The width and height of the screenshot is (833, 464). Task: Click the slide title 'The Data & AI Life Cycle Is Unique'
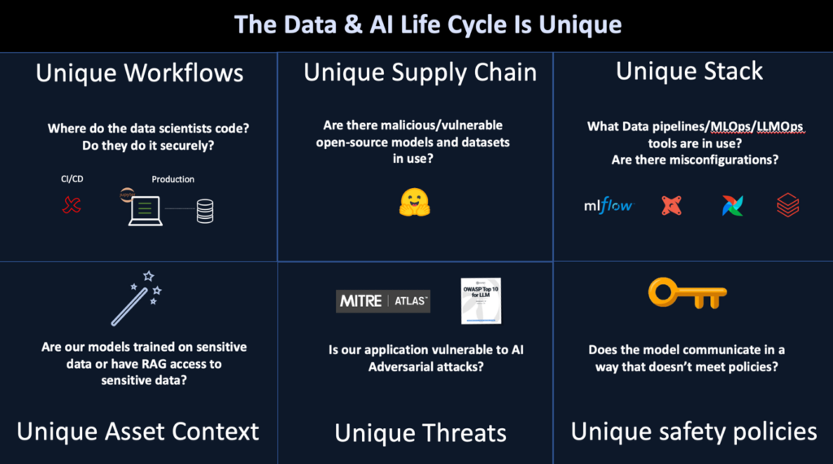click(x=428, y=24)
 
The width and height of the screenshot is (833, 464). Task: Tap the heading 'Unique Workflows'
click(x=139, y=73)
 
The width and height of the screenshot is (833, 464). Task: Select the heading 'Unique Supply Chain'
click(x=420, y=72)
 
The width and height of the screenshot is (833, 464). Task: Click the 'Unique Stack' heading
click(x=689, y=71)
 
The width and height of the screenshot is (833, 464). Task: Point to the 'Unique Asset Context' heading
click(x=137, y=431)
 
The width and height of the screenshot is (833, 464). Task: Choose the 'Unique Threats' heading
click(x=420, y=433)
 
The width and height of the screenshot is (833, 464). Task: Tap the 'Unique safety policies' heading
click(x=693, y=431)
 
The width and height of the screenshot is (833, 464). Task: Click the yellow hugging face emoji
click(x=414, y=203)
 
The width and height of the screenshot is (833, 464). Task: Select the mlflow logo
click(x=608, y=205)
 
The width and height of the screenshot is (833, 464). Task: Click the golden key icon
click(x=687, y=293)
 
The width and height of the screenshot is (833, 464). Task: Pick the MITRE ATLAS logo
click(x=383, y=301)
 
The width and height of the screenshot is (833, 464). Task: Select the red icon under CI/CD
click(x=72, y=205)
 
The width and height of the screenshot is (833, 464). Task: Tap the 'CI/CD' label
click(x=72, y=179)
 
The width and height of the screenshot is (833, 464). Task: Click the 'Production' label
click(x=172, y=179)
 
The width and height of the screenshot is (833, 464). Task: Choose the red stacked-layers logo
click(x=787, y=205)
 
